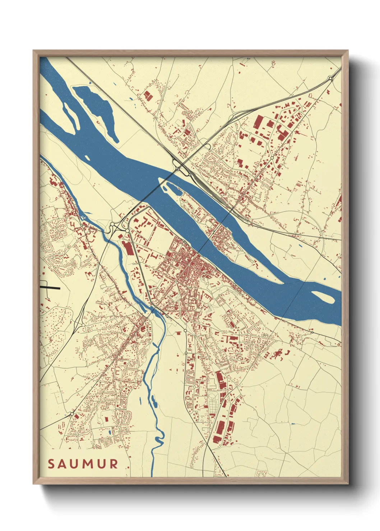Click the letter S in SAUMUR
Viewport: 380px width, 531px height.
[x=51, y=464]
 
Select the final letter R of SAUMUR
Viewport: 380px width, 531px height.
[x=114, y=464]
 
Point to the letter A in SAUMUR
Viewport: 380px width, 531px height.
[x=63, y=464]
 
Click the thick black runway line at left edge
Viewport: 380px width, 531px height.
[x=50, y=288]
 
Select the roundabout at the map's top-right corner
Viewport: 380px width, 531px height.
[x=330, y=78]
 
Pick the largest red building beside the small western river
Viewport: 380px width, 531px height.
[x=127, y=248]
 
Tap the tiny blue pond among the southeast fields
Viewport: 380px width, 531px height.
[x=293, y=424]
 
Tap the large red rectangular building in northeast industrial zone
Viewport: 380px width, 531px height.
[x=258, y=122]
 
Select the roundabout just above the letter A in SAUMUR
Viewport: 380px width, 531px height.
[x=72, y=414]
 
